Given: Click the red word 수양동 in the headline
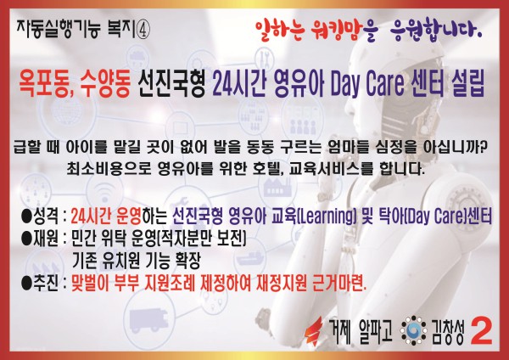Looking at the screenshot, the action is (106, 85).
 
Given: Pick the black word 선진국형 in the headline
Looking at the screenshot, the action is (171, 85).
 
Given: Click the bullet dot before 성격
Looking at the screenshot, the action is (25, 216).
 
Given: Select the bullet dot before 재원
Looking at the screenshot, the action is (25, 239).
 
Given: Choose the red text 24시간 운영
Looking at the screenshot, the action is (106, 216).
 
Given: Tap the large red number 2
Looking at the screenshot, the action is (481, 331).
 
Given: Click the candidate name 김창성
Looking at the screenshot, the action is (448, 332).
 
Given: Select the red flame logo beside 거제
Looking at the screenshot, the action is (314, 331).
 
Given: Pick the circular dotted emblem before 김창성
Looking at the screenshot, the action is (413, 331).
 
